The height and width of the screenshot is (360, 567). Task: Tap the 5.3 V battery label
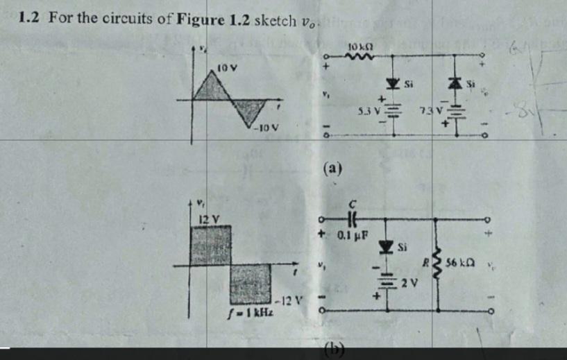368,111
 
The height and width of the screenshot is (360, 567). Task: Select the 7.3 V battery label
431,112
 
